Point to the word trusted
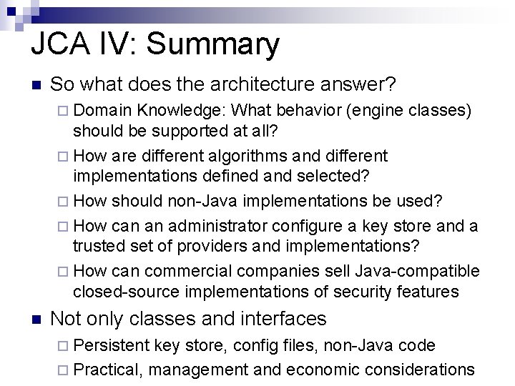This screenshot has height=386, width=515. [97, 246]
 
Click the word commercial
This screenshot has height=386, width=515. [189, 272]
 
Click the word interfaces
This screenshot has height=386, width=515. [276, 318]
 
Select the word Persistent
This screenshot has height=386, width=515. [111, 345]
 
